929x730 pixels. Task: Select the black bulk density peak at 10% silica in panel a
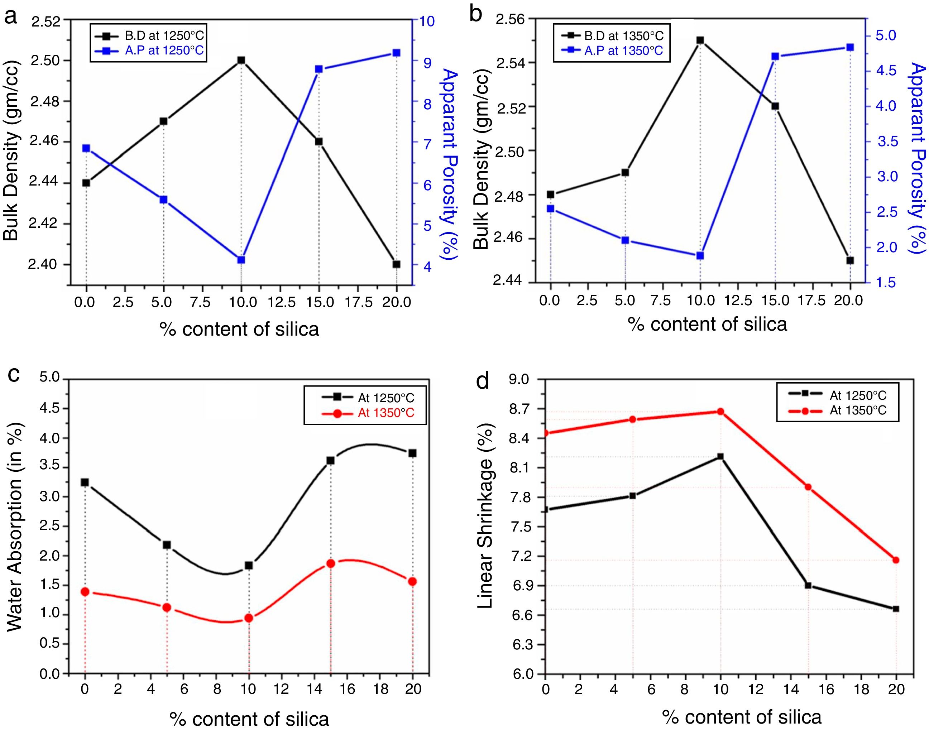241,60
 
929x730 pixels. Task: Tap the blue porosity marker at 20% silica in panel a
396,53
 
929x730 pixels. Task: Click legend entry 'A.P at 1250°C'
164,51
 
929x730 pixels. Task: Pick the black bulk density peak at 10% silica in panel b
700,40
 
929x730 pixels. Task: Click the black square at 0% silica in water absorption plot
85,482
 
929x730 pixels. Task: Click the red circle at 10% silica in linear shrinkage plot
720,412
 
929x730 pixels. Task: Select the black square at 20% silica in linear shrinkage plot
896,609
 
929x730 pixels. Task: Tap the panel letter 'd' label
483,381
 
